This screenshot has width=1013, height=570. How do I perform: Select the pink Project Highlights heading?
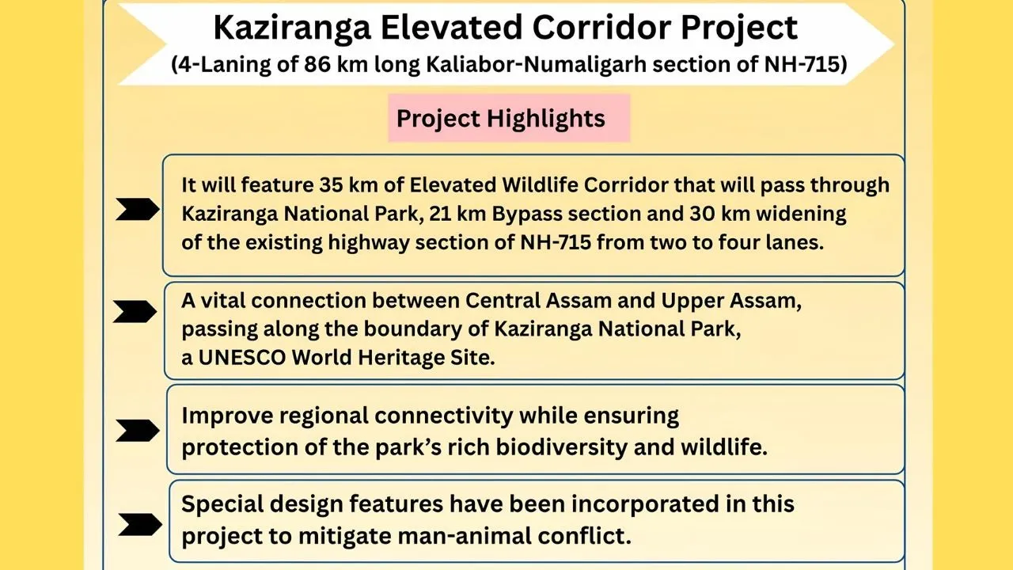tap(500, 119)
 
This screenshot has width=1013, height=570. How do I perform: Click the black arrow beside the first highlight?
tap(138, 209)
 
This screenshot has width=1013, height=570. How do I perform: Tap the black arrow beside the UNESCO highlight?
tap(135, 312)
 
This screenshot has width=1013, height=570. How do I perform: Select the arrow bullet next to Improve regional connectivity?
tap(138, 431)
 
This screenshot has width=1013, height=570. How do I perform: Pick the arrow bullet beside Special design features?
tap(140, 524)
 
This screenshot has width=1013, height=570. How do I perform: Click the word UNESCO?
tap(242, 357)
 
